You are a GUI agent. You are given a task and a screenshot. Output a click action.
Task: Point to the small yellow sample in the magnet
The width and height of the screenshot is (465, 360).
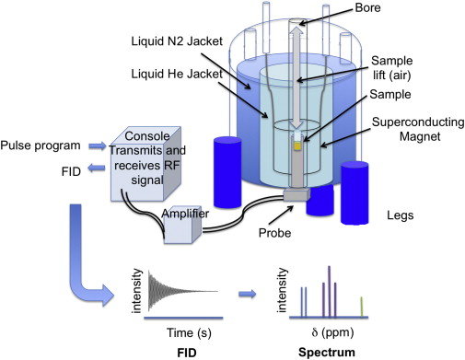point(296,145)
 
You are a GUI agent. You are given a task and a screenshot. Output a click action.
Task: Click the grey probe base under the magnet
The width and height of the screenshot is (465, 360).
point(296,194)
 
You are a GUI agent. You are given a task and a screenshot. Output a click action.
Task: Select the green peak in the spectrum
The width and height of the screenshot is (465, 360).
point(362,304)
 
